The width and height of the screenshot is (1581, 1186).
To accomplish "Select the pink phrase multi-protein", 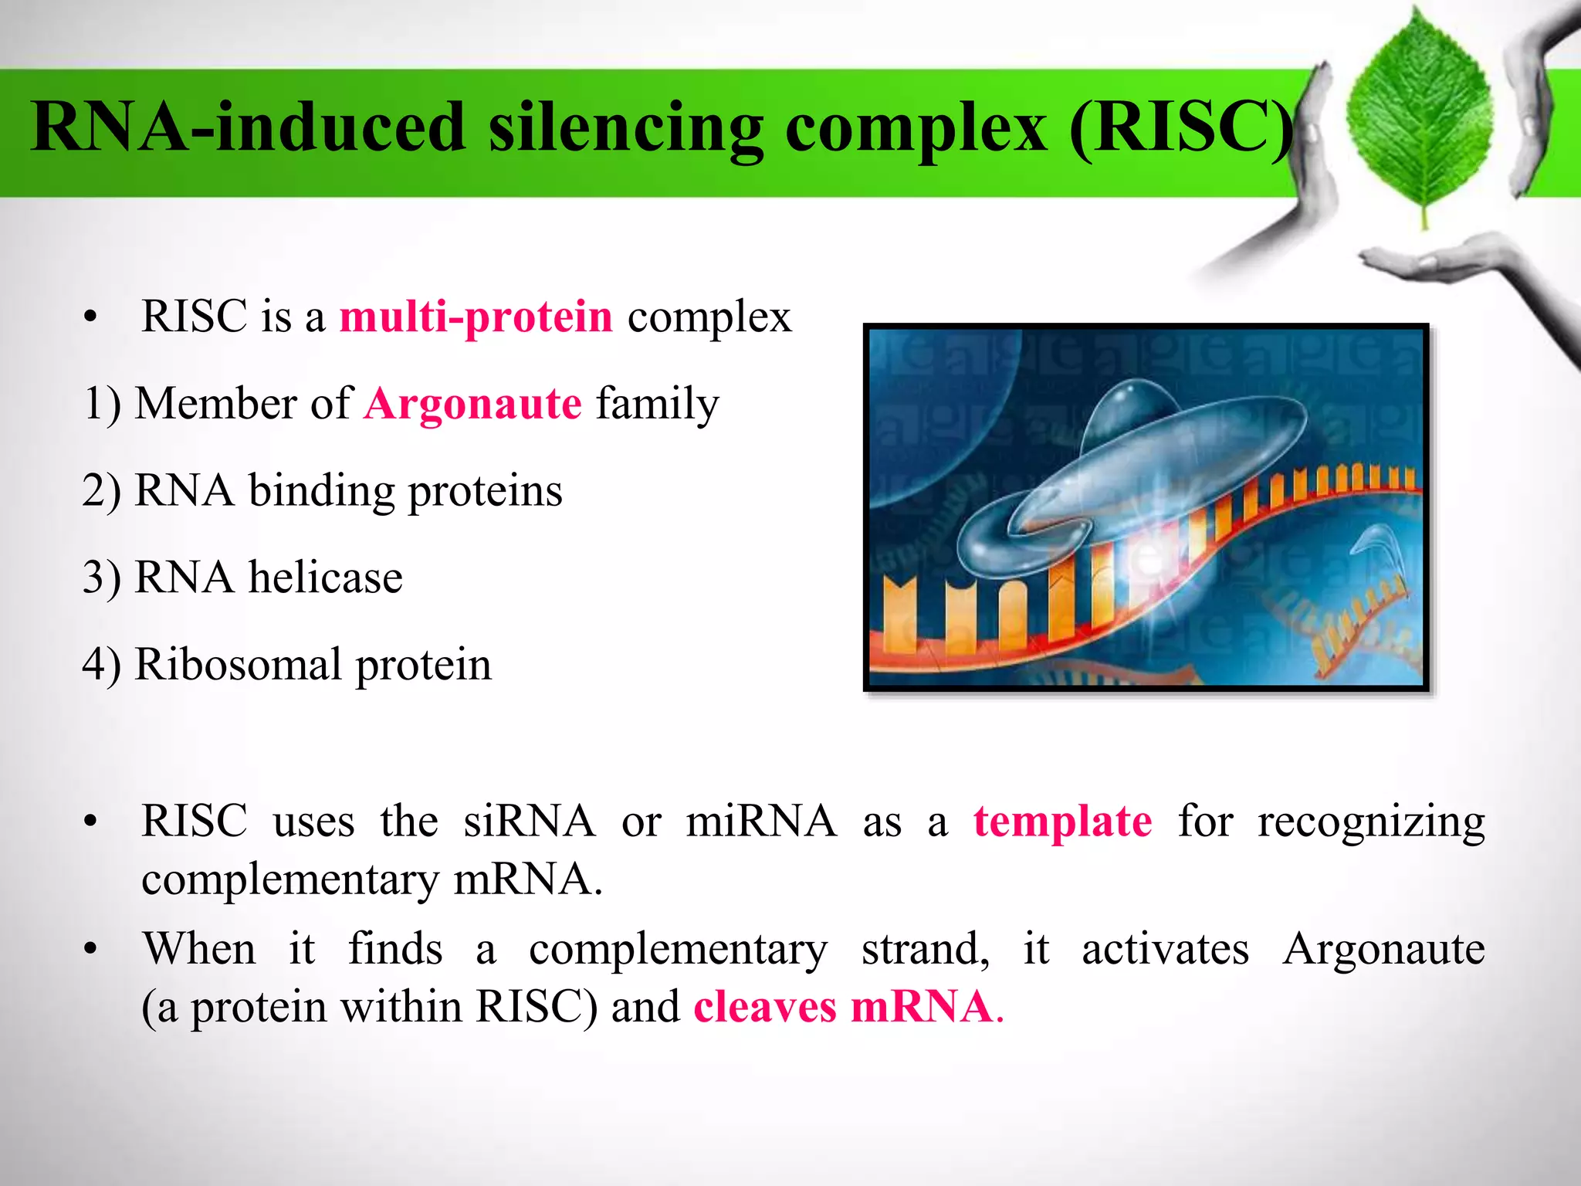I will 476,317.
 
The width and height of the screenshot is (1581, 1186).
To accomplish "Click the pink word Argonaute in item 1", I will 472,404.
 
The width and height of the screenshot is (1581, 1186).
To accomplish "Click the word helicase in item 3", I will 325,578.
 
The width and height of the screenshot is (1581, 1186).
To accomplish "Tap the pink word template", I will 1062,822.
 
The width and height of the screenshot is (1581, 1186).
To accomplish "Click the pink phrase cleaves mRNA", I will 843,1008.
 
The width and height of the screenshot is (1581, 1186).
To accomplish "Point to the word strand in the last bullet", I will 925,949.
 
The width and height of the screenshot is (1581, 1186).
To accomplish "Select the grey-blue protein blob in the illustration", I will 1143,463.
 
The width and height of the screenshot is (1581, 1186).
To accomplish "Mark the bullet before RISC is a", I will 91,318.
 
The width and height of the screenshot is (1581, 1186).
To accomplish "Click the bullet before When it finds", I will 91,950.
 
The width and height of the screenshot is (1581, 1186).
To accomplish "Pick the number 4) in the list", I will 102,665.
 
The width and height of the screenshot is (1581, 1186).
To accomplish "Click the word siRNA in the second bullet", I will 530,822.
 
